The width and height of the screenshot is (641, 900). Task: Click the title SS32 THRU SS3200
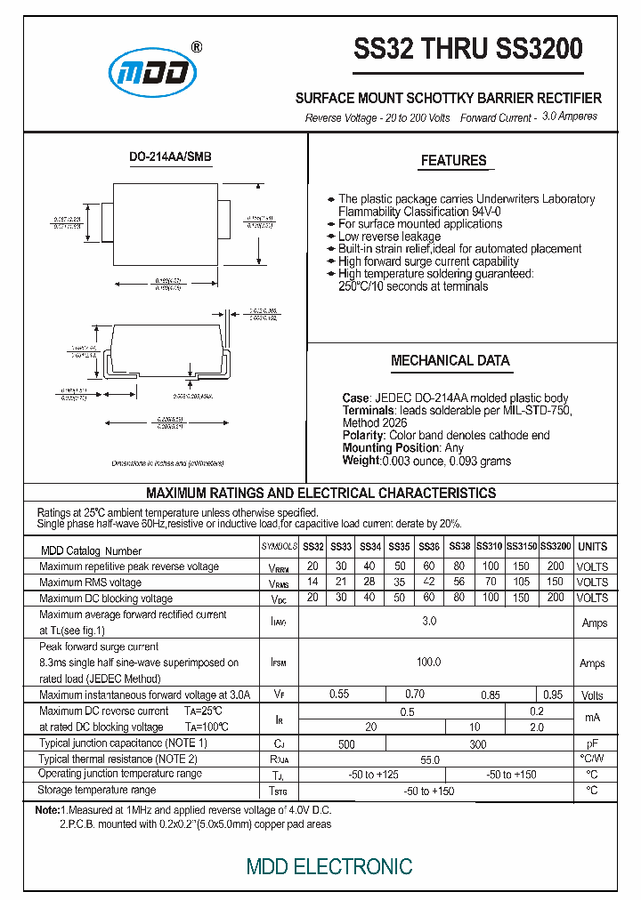point(468,49)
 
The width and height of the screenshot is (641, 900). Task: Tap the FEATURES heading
point(453,161)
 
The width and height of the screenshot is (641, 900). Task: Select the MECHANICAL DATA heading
point(450,361)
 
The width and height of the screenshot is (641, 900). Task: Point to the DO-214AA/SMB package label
point(170,157)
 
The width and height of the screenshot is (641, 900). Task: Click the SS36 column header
point(429,547)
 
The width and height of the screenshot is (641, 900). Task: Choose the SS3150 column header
point(522,547)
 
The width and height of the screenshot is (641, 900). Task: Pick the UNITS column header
point(592,547)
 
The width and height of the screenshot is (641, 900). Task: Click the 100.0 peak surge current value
point(429,663)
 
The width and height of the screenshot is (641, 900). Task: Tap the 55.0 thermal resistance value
point(429,760)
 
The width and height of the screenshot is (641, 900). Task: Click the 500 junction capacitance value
point(346,744)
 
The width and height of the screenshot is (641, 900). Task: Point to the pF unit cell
point(592,743)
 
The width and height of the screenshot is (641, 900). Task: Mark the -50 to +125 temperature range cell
point(373,775)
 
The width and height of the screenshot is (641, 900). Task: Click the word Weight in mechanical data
point(361,461)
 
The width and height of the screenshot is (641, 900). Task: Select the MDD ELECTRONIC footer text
point(329,866)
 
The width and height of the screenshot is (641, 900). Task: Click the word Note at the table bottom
point(46,811)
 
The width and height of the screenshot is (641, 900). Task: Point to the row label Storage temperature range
point(97,790)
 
